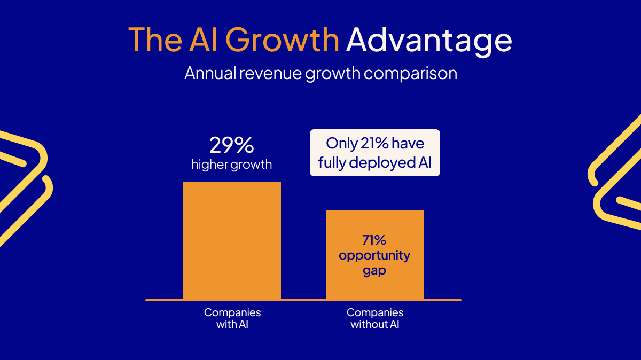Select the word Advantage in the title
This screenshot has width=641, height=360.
click(429, 40)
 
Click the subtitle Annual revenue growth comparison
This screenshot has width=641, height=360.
click(320, 73)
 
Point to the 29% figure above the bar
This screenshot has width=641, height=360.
click(231, 145)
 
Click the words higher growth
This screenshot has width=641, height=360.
click(231, 164)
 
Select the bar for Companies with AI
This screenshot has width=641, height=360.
click(231, 240)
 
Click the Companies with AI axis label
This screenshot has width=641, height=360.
click(232, 318)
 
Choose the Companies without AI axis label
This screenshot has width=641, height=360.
click(375, 318)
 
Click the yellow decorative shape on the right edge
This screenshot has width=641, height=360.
click(617, 176)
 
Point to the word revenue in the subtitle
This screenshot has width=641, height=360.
click(272, 73)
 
